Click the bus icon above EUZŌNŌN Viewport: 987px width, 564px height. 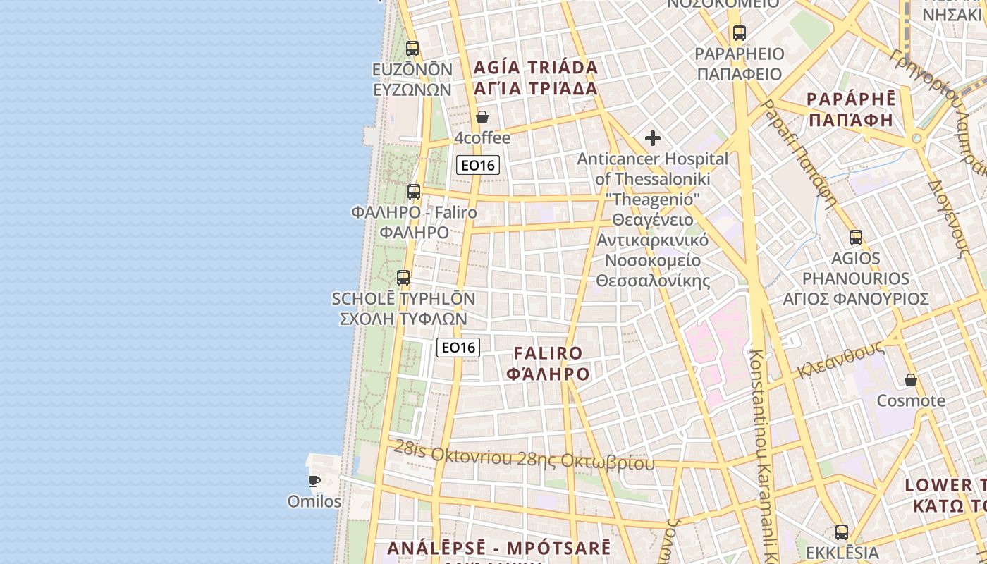click(x=412, y=49)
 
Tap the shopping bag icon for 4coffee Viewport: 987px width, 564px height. click(x=482, y=116)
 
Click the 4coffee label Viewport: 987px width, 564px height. click(x=482, y=137)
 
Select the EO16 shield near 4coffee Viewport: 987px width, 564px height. click(x=478, y=166)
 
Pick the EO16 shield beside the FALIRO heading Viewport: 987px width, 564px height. click(x=458, y=347)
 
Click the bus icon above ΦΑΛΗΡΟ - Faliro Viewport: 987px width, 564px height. click(x=414, y=191)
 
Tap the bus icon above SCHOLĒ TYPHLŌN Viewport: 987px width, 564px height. click(x=403, y=278)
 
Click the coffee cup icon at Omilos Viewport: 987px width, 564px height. click(x=314, y=481)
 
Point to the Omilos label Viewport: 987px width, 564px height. click(x=314, y=502)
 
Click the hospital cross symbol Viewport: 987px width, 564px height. click(x=653, y=138)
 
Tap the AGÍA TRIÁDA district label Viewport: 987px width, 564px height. click(x=536, y=68)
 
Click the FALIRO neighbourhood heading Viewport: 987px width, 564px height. click(x=548, y=353)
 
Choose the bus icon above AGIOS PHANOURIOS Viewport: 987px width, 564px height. click(x=856, y=238)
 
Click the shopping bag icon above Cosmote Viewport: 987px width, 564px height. click(x=911, y=380)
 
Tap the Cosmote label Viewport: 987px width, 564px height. click(x=911, y=401)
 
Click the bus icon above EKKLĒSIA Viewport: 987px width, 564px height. click(x=842, y=532)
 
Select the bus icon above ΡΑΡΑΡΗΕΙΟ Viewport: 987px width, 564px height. click(x=739, y=32)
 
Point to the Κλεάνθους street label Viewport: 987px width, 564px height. click(x=841, y=360)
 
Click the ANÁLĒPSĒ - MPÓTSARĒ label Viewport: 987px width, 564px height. click(x=499, y=548)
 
